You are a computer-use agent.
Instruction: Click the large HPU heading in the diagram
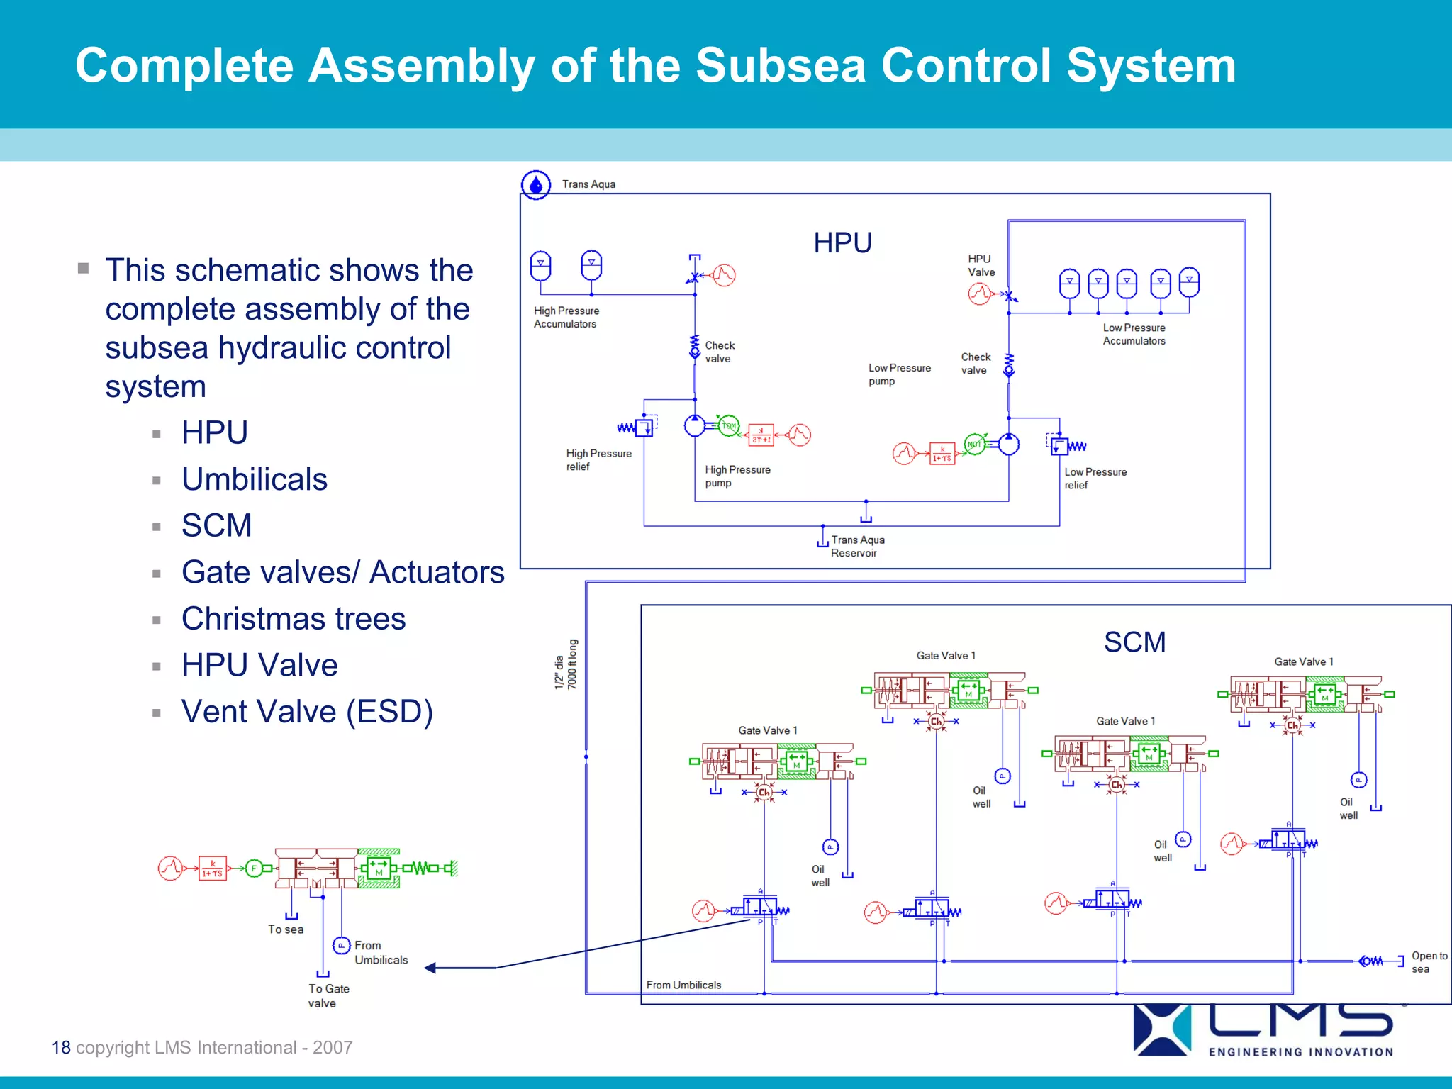point(842,243)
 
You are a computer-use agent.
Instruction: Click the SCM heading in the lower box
point(1134,642)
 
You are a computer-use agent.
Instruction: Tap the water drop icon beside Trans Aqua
point(536,185)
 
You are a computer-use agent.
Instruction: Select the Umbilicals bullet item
point(255,479)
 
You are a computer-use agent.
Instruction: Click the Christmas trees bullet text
point(294,619)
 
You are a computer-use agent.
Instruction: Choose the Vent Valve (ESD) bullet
point(307,712)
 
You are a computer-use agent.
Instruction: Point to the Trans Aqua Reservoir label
point(857,547)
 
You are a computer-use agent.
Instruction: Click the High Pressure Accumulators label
point(566,318)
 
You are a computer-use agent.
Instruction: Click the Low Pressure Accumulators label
point(1134,335)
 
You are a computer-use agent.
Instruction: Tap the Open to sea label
point(1429,962)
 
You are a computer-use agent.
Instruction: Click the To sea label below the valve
point(286,929)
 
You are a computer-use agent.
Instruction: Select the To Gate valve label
point(328,995)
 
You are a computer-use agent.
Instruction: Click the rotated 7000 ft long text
point(572,664)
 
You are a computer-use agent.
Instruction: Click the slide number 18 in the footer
point(61,1047)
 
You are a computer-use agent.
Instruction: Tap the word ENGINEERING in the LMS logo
point(1255,1052)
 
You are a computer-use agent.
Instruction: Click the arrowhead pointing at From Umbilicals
point(430,968)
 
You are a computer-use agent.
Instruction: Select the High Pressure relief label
point(598,460)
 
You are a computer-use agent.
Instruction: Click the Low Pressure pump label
point(899,374)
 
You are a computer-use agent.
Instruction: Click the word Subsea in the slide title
point(781,66)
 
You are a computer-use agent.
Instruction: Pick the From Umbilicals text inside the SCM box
point(683,985)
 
